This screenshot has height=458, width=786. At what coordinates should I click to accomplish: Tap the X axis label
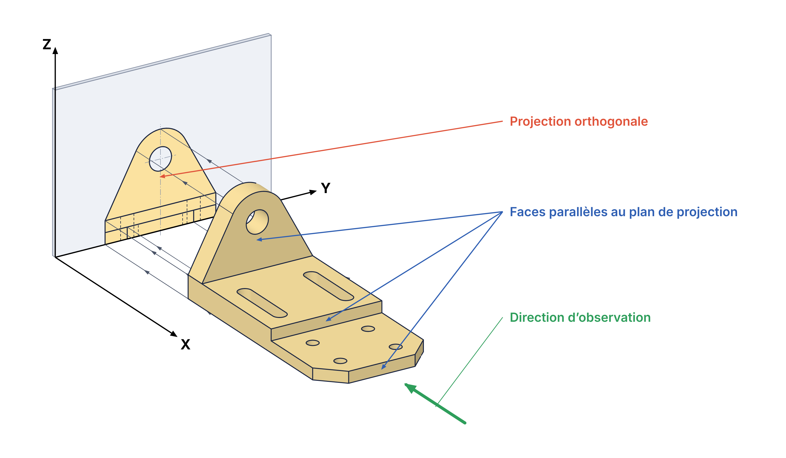point(185,344)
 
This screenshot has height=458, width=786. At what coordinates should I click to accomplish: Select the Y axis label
point(326,188)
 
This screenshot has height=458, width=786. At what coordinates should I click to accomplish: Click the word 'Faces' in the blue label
point(527,212)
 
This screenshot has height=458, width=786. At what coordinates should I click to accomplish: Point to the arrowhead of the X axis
point(174,334)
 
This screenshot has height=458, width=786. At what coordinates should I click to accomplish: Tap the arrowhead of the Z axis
point(55,50)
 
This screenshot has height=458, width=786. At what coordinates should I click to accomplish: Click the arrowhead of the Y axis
point(313,192)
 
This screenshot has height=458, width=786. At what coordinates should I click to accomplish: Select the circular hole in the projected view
point(160,159)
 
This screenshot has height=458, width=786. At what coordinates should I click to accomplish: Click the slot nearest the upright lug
point(328,286)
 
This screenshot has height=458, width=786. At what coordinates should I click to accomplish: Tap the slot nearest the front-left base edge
point(262,303)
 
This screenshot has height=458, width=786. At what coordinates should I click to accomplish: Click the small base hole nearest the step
point(368,329)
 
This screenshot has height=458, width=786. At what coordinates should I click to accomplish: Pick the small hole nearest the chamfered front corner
point(396,347)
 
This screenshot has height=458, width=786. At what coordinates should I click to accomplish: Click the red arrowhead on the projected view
point(162,176)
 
